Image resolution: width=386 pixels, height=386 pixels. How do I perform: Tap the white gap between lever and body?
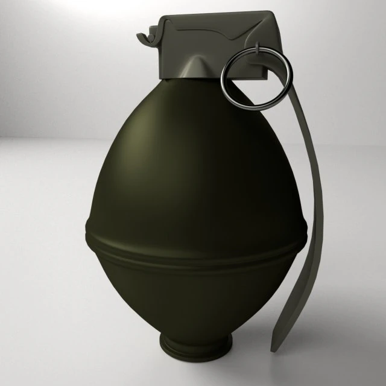point(302,181)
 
